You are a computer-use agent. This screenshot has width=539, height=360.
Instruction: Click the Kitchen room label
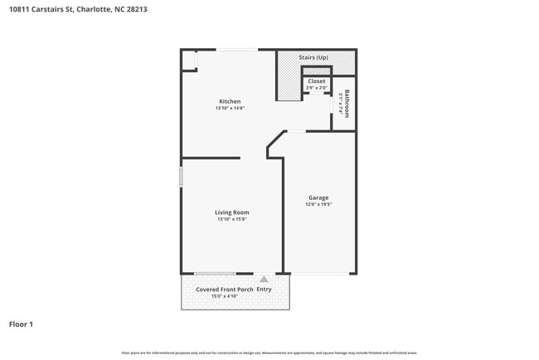pyautogui.click(x=230, y=101)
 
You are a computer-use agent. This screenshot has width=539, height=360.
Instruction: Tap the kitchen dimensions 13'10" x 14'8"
pyautogui.click(x=230, y=109)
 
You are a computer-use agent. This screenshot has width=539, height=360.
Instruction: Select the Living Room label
pyautogui.click(x=232, y=212)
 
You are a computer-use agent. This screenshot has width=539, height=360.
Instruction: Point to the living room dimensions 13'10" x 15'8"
pyautogui.click(x=232, y=220)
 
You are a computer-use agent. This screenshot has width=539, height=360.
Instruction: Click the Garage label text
pyautogui.click(x=318, y=197)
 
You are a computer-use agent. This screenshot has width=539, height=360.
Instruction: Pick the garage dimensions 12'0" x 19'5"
pyautogui.click(x=318, y=205)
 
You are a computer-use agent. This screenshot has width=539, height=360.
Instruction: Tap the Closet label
pyautogui.click(x=317, y=81)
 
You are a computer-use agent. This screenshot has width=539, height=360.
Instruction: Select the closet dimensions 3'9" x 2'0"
pyautogui.click(x=317, y=88)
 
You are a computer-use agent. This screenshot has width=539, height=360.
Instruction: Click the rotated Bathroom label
pyautogui.click(x=347, y=104)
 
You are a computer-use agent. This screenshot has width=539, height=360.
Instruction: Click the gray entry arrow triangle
pyautogui.click(x=264, y=280)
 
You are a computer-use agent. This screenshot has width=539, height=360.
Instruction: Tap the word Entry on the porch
pyautogui.click(x=264, y=289)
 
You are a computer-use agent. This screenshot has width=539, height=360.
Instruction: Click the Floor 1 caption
pyautogui.click(x=21, y=324)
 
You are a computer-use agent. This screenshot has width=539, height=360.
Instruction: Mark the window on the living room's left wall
pyautogui.click(x=181, y=177)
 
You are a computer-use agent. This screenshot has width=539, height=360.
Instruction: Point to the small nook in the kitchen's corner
pyautogui.click(x=189, y=61)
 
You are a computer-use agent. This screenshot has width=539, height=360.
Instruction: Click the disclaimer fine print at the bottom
pyautogui.click(x=269, y=353)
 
